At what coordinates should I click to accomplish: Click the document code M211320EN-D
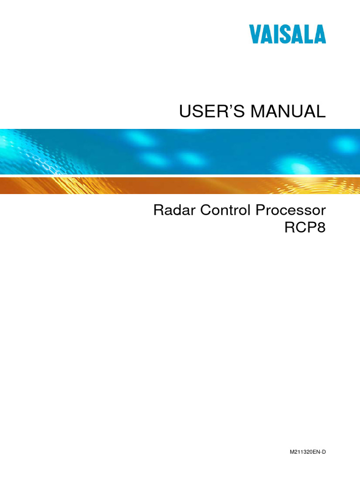click(x=307, y=451)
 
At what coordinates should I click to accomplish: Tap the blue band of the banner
click(x=180, y=151)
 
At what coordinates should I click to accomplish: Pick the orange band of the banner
click(x=180, y=186)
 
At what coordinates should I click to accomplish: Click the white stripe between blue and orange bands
click(x=180, y=176)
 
